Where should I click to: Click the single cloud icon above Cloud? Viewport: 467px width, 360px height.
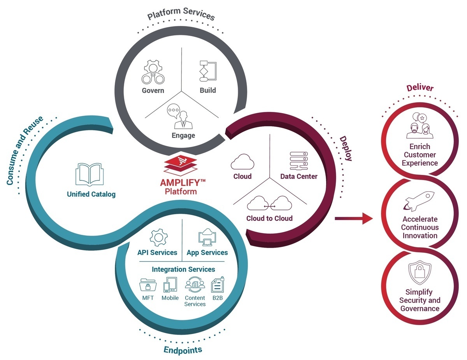click(242, 161)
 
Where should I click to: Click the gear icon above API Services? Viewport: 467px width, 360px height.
click(157, 237)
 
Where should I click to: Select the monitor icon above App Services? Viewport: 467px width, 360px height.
click(207, 237)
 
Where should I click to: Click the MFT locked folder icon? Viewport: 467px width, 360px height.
click(147, 285)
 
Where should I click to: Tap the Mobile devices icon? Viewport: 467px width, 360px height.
click(170, 285)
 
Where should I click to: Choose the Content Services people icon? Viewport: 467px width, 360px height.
click(195, 285)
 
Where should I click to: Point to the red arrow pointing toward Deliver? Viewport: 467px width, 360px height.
click(353, 218)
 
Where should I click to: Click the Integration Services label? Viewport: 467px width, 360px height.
click(183, 269)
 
